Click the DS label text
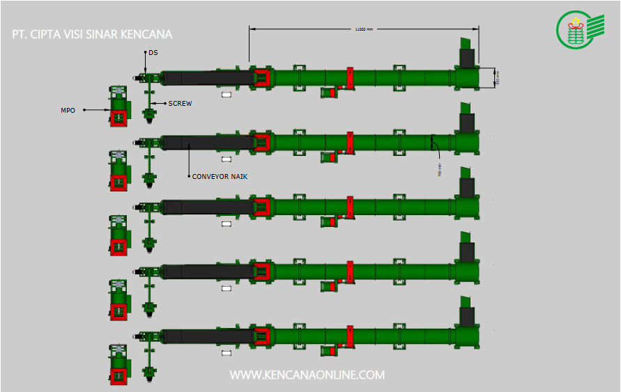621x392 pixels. [x=153, y=52]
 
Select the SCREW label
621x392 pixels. [x=180, y=104]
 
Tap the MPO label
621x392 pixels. [x=68, y=109]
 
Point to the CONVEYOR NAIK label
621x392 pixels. [x=220, y=177]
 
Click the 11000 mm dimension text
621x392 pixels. [x=364, y=29]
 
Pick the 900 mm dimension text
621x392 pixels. [x=498, y=78]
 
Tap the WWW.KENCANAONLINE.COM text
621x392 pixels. [x=307, y=375]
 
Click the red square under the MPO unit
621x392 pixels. [x=118, y=118]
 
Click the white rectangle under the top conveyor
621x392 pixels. [x=226, y=95]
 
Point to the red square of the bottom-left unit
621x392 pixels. [x=118, y=374]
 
